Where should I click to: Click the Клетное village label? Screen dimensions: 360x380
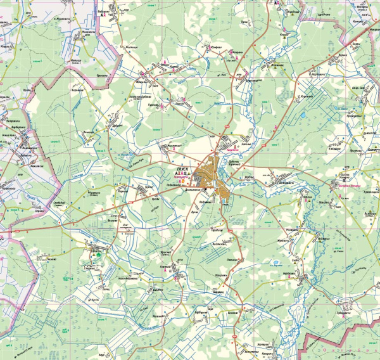tap(167, 267)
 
